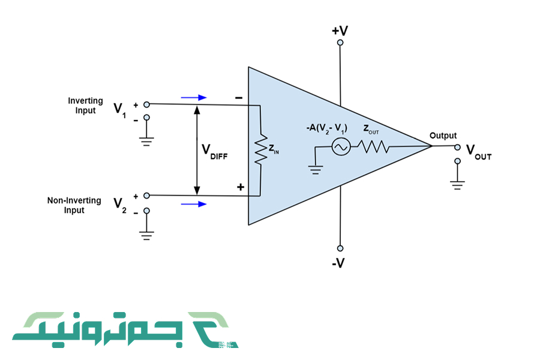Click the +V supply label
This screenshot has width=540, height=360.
pyautogui.click(x=340, y=29)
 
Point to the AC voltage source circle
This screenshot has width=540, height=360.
pyautogui.click(x=341, y=146)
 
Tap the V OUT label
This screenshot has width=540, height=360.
pyautogui.click(x=478, y=152)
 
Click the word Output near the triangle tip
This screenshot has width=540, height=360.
pyautogui.click(x=443, y=136)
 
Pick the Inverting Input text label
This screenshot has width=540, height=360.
pyautogui.click(x=85, y=106)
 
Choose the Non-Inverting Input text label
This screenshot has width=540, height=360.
pyautogui.click(x=74, y=205)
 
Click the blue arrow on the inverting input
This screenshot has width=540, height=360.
pyautogui.click(x=193, y=97)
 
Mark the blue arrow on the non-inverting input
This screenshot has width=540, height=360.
pyautogui.click(x=193, y=204)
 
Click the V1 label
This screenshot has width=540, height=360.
pyautogui.click(x=121, y=109)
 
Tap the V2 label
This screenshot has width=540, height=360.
pyautogui.click(x=121, y=204)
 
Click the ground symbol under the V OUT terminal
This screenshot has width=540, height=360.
pyautogui.click(x=458, y=184)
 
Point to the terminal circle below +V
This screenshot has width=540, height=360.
pyautogui.click(x=340, y=43)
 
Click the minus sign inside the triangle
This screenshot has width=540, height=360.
pyautogui.click(x=239, y=97)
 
